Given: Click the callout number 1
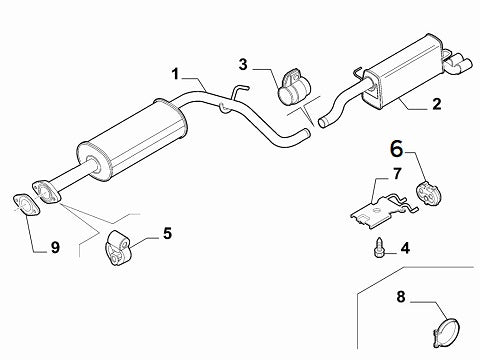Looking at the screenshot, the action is [x=176, y=74].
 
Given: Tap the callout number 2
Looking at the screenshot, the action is [x=437, y=104].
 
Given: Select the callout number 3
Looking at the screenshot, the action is [x=243, y=64].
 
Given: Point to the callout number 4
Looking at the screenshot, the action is [x=405, y=248].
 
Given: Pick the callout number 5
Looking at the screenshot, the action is [x=168, y=233].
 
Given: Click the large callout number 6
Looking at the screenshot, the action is [x=397, y=149].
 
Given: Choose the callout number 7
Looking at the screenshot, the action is [x=397, y=174].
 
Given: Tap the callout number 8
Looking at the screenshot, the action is [x=401, y=296].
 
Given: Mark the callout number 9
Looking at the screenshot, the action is [x=55, y=248].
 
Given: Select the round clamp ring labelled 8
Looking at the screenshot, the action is [x=447, y=332].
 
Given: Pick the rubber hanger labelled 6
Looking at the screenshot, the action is [x=428, y=192].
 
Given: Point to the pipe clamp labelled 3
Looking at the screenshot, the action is [x=294, y=86].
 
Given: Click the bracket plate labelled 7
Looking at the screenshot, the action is [x=383, y=211].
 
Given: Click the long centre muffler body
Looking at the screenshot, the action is [x=132, y=139].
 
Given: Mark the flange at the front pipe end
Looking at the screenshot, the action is [x=47, y=192].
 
